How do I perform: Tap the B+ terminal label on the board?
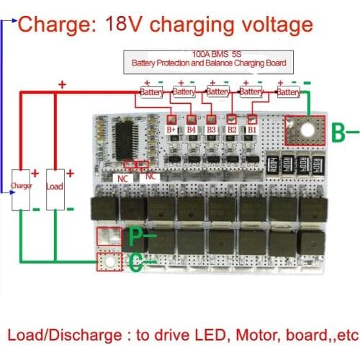point(172,130)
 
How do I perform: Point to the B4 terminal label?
point(192,130)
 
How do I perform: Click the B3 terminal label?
point(212,130)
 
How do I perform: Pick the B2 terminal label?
point(232,130)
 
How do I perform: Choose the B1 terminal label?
point(252,130)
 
